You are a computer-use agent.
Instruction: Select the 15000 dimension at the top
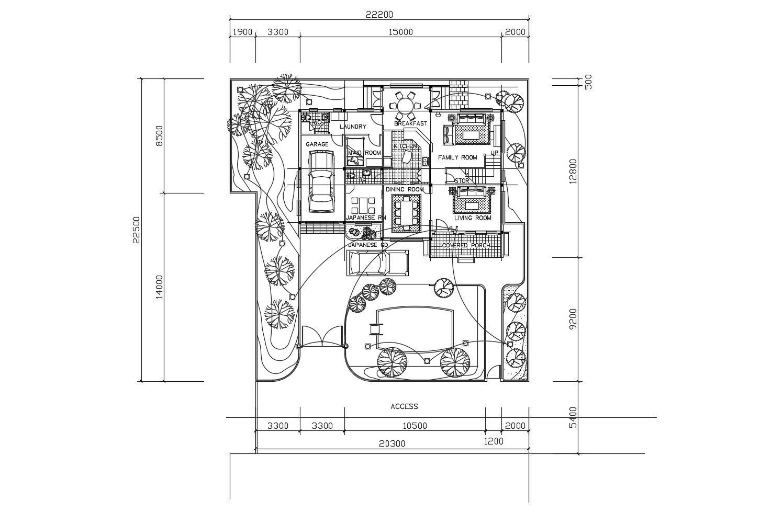point(400,32)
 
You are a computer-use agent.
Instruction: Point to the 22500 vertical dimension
point(137,230)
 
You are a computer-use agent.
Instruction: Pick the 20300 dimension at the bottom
point(390,443)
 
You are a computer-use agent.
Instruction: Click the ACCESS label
point(404,406)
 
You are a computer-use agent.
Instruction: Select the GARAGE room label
point(317,144)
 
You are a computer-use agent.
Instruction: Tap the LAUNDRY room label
point(353,127)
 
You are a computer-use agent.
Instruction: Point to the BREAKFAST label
point(410,123)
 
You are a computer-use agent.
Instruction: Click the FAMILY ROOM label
point(457,157)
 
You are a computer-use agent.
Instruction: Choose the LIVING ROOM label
point(473,218)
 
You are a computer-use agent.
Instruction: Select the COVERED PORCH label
point(466,245)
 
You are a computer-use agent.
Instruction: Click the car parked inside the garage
point(321,181)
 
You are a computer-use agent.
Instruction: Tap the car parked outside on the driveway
point(377,263)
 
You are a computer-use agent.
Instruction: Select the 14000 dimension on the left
point(159,287)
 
